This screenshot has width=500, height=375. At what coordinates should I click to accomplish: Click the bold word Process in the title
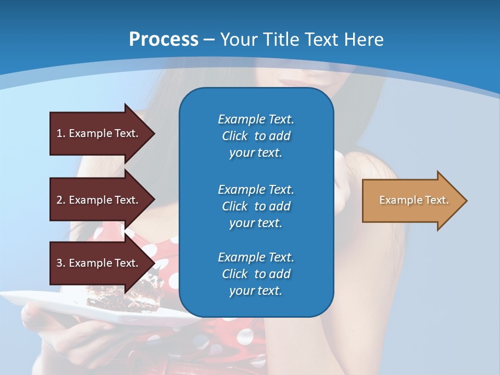pyautogui.click(x=164, y=40)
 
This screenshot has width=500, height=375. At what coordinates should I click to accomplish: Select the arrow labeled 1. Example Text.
pyautogui.click(x=99, y=133)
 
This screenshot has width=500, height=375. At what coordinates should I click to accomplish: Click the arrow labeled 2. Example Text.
pyautogui.click(x=99, y=200)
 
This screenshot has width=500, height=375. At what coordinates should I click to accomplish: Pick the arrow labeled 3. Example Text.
pyautogui.click(x=99, y=263)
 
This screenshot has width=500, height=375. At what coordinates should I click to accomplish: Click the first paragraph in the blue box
pyautogui.click(x=256, y=136)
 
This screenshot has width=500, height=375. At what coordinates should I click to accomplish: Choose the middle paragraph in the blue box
pyautogui.click(x=256, y=206)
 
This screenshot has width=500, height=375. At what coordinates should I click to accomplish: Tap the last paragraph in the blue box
pyautogui.click(x=256, y=274)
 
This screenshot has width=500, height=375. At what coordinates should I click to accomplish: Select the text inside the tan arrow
pyautogui.click(x=414, y=200)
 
